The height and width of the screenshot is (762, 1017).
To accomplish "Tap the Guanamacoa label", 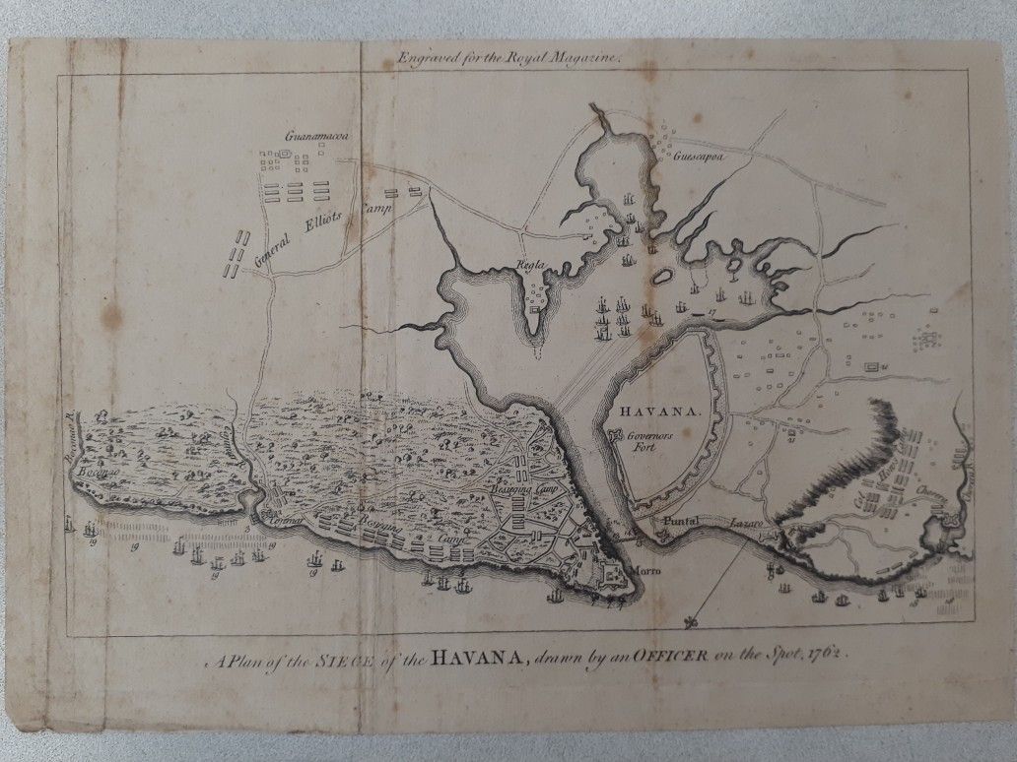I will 310,136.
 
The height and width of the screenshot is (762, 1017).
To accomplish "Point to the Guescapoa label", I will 700,156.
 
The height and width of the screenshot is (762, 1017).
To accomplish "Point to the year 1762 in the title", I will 819,653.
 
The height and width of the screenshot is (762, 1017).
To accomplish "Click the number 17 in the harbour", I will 711,314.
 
